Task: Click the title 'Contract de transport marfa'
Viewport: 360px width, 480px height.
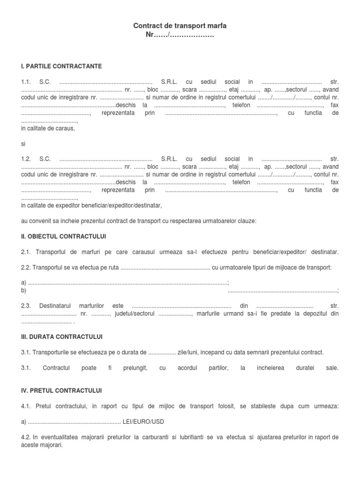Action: point(180,26)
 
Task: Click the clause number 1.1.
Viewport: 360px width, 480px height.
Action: point(26,81)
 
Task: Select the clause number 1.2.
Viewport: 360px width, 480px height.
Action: point(26,159)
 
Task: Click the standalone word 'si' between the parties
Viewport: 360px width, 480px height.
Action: point(23,144)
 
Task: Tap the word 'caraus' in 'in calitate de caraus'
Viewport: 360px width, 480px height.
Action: point(66,128)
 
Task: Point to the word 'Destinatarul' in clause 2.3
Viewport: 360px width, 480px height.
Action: point(58,306)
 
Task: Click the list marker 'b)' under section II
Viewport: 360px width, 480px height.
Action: point(24,291)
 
